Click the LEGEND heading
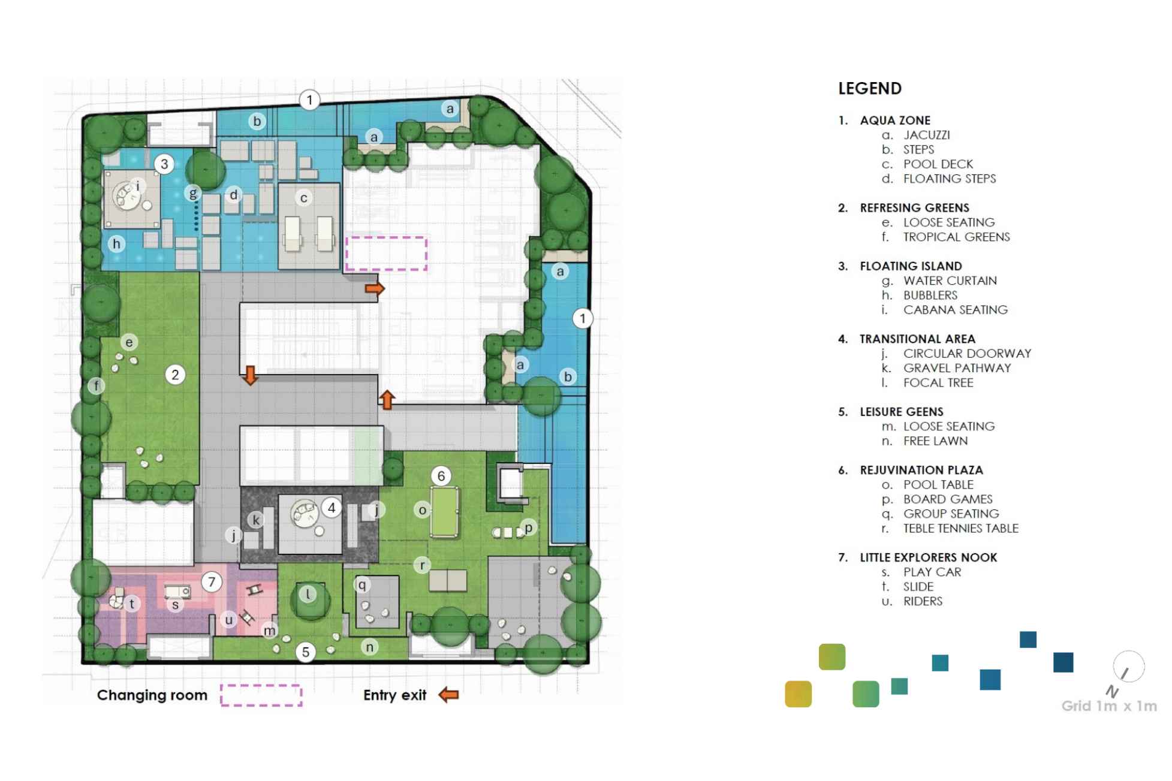[869, 89]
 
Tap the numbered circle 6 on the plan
[441, 476]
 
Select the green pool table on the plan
[444, 511]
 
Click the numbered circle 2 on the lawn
[175, 375]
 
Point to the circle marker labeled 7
[211, 581]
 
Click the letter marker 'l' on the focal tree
[308, 594]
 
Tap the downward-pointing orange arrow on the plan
[251, 375]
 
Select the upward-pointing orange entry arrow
[387, 399]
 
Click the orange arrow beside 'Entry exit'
[448, 695]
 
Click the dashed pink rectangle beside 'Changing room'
[261, 695]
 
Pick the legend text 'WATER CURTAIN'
[950, 281]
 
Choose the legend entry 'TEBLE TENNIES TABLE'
[960, 528]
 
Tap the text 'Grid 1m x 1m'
[1108, 706]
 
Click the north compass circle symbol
[1128, 667]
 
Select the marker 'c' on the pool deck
[304, 198]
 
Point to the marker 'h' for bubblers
[116, 243]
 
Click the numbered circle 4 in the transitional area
[332, 508]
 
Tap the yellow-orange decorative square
[798, 694]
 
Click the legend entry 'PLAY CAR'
[932, 572]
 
